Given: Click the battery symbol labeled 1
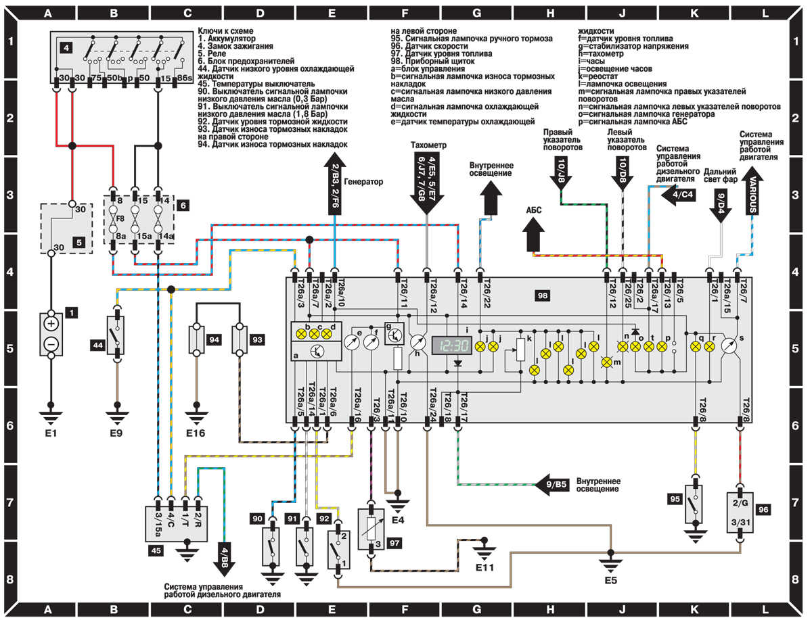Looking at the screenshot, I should pyautogui.click(x=51, y=334).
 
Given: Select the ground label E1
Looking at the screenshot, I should pyautogui.click(x=49, y=427).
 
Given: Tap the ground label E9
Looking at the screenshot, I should pyautogui.click(x=117, y=427).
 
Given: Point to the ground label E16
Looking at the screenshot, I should pyautogui.click(x=197, y=427).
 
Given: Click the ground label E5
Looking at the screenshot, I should pyautogui.click(x=610, y=579).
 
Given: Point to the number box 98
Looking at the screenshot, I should pyautogui.click(x=541, y=295).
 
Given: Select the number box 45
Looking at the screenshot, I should pyautogui.click(x=156, y=551).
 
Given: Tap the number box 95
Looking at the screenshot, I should pyautogui.click(x=673, y=499).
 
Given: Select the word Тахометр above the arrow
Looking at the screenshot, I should pyautogui.click(x=428, y=146).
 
